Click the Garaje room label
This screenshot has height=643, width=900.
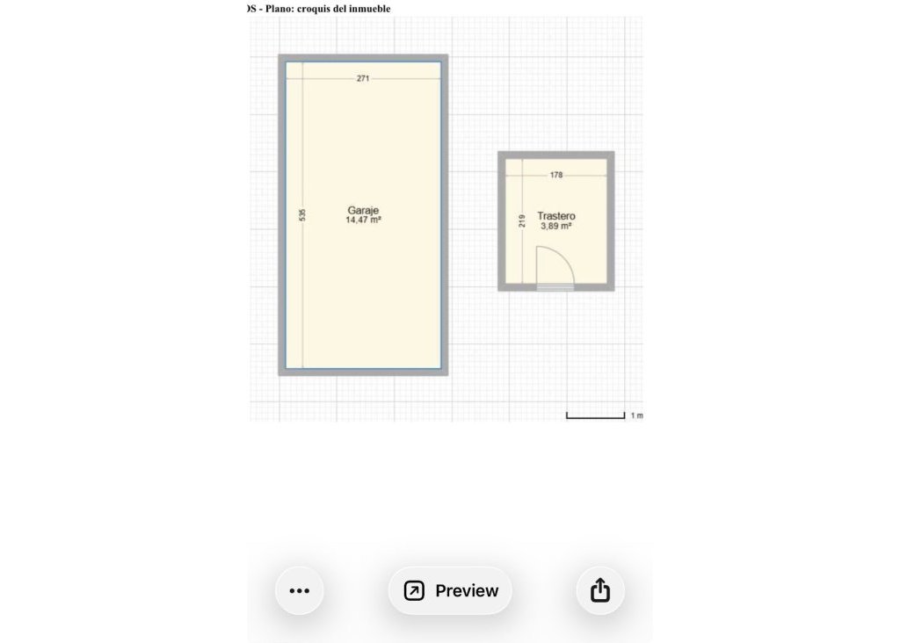(363, 211)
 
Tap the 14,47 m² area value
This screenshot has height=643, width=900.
(363, 220)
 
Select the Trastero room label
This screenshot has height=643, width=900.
(556, 216)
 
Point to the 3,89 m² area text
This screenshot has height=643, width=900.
(556, 226)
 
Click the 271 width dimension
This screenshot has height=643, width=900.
(363, 78)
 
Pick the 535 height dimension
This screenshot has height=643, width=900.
(302, 214)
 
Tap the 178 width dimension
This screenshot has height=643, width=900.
(556, 175)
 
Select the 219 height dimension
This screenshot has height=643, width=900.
(521, 220)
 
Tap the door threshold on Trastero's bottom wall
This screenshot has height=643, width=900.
(555, 287)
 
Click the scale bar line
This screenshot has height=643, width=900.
(595, 416)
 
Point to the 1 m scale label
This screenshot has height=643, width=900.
(636, 415)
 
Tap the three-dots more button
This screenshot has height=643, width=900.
(300, 590)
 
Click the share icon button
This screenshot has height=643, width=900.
(600, 590)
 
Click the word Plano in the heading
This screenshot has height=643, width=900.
(279, 9)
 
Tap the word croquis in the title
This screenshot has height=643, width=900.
(315, 9)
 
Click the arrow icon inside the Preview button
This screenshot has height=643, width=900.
(414, 590)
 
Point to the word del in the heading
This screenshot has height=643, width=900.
(340, 9)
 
